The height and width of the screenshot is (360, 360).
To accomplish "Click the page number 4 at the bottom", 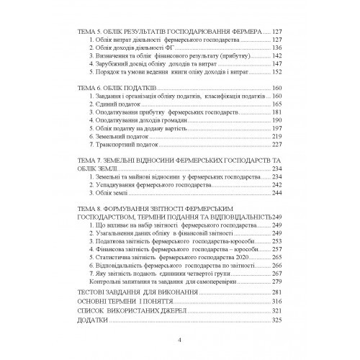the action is tap(179, 338).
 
